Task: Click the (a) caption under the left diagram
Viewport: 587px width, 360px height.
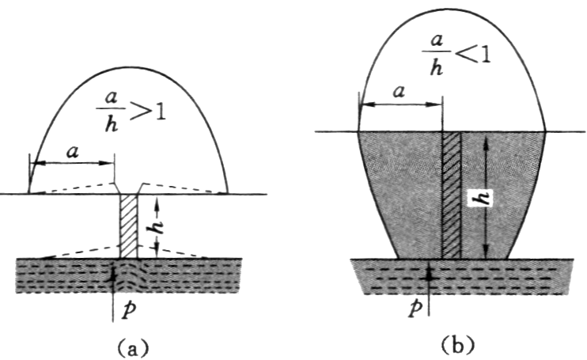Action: click(x=130, y=346)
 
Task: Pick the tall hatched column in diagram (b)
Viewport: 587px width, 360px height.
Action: click(x=451, y=194)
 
